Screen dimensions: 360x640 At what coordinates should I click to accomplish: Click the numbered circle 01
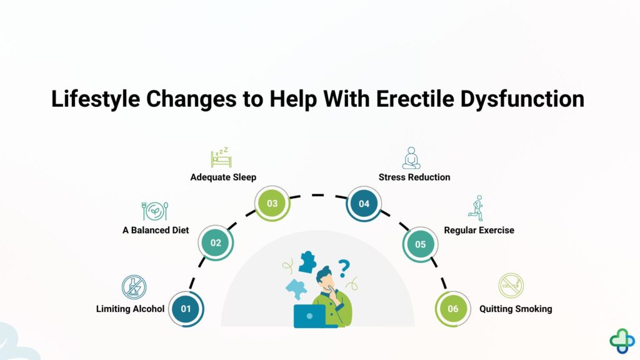[x=186, y=309]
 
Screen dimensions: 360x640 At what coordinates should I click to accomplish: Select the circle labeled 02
[x=216, y=242]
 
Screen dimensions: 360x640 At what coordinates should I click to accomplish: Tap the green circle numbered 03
[x=272, y=204]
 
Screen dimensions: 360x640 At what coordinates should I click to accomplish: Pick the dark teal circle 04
[x=364, y=204]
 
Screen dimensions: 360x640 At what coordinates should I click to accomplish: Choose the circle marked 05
[x=420, y=244]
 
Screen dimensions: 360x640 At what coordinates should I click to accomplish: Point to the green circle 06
[x=452, y=309]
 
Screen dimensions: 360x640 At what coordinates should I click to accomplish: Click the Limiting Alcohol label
[x=130, y=309]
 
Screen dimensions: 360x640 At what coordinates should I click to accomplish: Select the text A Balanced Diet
[x=156, y=230]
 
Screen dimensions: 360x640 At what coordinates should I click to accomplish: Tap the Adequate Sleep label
[x=223, y=177]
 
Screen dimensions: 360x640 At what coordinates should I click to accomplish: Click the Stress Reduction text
[x=414, y=177]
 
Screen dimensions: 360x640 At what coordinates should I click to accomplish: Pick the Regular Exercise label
[x=479, y=230]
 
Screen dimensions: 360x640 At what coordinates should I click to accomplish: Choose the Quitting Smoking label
[x=516, y=309]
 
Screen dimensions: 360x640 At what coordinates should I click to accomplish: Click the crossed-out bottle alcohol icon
[x=134, y=287]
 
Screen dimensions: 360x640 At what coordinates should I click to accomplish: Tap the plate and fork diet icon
[x=155, y=211]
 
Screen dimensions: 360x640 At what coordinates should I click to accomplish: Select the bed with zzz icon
[x=220, y=157]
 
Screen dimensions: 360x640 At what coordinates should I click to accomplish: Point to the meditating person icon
[x=411, y=158]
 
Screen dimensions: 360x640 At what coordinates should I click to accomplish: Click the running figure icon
[x=477, y=208]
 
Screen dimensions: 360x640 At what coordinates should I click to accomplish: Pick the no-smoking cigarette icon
[x=511, y=286]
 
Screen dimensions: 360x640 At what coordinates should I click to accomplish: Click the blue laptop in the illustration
[x=310, y=316]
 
